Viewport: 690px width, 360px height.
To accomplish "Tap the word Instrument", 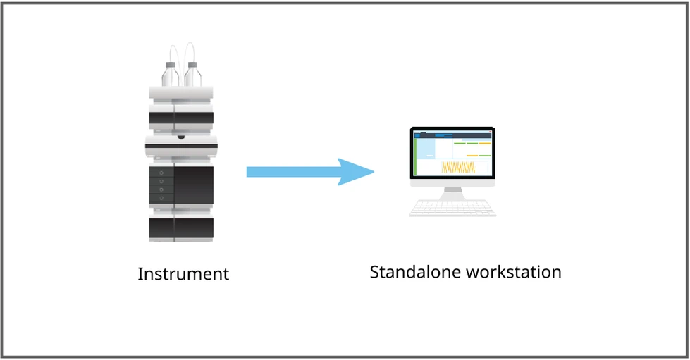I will (183, 274).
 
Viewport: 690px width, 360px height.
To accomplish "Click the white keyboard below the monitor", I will (452, 208).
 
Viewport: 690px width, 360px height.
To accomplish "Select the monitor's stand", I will (452, 192).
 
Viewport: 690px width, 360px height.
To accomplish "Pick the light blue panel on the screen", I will (426, 147).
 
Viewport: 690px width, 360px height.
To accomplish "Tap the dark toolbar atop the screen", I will (452, 134).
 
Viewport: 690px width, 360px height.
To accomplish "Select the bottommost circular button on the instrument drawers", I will (161, 199).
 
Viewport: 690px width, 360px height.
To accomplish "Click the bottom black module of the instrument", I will (181, 228).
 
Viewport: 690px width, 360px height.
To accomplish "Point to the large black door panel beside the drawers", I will (194, 185).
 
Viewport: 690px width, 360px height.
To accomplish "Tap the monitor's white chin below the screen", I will (452, 182).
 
